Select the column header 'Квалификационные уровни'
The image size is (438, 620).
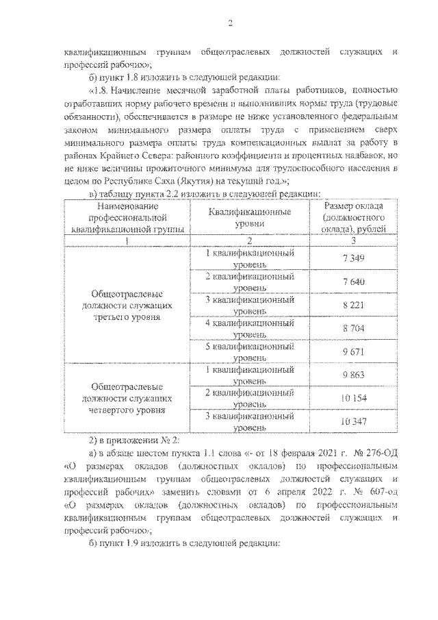pos(249,218)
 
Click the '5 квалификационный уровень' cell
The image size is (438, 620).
pos(249,352)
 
